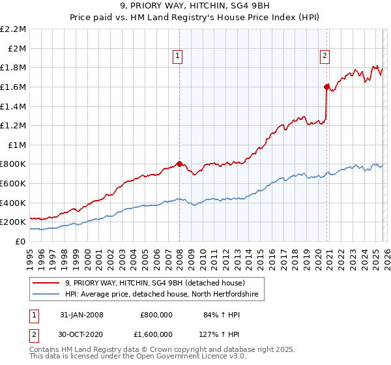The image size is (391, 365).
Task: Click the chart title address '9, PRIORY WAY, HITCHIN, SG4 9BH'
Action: click(x=195, y=6)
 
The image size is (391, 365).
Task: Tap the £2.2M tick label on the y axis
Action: click(x=13, y=29)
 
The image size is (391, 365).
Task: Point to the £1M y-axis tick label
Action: click(x=17, y=145)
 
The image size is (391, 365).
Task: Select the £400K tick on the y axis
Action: click(x=14, y=203)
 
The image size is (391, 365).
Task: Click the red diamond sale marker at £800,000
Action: click(x=179, y=164)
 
